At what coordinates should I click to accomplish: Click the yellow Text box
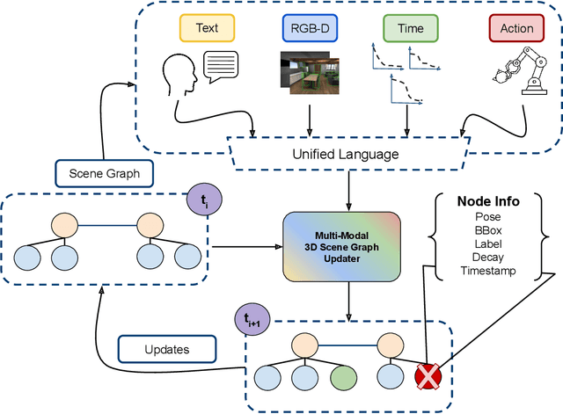pos(207,28)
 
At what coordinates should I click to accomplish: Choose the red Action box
pos(516,28)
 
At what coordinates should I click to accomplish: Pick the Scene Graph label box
pos(104,173)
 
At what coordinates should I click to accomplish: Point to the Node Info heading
pos(488,201)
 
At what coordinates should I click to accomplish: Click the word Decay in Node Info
pos(488,257)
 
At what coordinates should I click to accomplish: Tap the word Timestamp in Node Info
pos(488,272)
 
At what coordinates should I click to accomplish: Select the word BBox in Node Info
pos(488,229)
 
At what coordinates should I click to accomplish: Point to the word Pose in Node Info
pos(488,215)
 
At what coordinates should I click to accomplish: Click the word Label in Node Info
pos(488,243)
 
